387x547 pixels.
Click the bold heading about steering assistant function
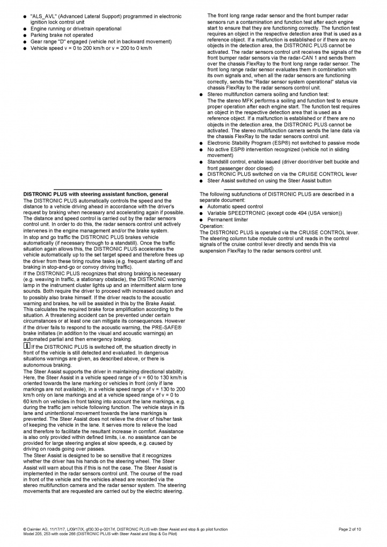[x=96, y=194]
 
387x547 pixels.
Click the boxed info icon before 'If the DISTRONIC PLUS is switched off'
[x=26, y=346]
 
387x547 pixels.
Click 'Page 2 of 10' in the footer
[x=350, y=529]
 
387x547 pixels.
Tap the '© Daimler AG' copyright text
[x=40, y=529]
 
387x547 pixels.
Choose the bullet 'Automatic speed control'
[x=235, y=206]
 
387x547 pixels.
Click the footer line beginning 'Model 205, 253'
[x=100, y=535]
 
